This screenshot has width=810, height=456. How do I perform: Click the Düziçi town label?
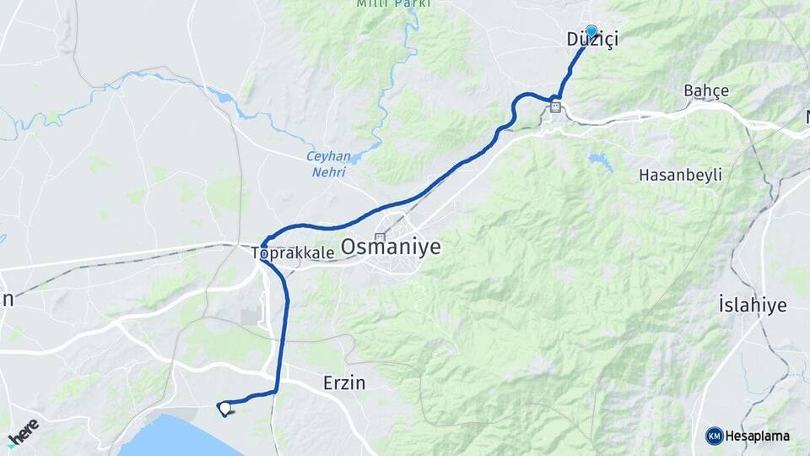tap(590, 41)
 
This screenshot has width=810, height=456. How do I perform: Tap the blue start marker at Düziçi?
tap(591, 31)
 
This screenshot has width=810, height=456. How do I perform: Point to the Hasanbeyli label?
tap(680, 175)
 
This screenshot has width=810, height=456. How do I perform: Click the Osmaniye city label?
tap(391, 247)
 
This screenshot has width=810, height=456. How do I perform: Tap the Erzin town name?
tap(344, 383)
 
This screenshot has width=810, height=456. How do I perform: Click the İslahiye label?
tap(752, 305)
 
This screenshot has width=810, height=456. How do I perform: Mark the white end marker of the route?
tap(225, 409)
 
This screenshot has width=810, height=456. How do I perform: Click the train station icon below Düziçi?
tap(555, 106)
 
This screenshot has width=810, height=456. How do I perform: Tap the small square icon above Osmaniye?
tap(381, 237)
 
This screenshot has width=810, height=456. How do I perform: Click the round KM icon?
tap(714, 436)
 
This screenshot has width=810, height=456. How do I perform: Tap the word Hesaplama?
tap(757, 436)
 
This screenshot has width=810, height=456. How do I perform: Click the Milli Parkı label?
tap(393, 3)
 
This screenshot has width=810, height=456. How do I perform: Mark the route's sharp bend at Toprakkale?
tap(264, 243)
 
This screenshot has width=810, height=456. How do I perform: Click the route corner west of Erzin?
tap(277, 392)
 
